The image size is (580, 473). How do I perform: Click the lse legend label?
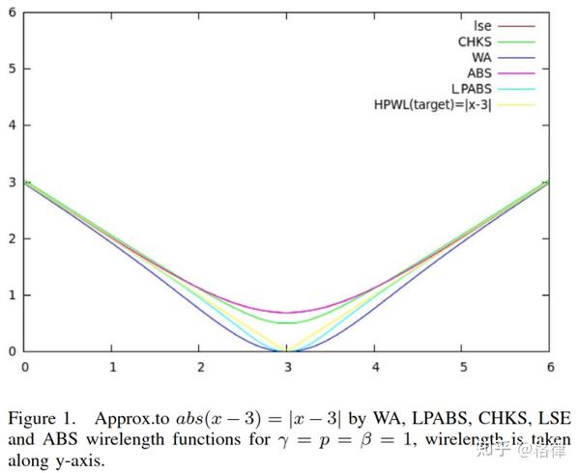(x=482, y=26)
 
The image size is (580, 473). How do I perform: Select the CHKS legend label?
(x=475, y=42)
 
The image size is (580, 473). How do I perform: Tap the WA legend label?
(x=481, y=57)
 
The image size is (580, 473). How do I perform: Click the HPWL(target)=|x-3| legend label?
(x=432, y=104)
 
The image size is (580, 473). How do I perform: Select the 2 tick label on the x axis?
(x=200, y=367)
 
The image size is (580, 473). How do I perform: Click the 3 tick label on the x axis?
(x=288, y=367)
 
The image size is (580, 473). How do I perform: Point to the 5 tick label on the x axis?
(x=463, y=367)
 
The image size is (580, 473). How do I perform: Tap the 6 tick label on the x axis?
(x=550, y=367)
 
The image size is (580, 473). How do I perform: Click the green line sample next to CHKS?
(x=517, y=42)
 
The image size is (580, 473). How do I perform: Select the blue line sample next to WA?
(x=517, y=57)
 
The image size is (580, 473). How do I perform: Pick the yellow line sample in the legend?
(x=517, y=104)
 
